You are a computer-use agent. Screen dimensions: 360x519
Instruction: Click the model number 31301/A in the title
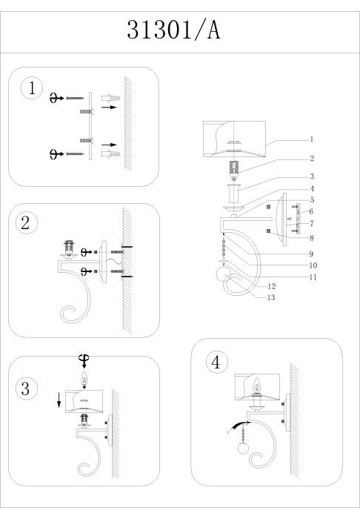173,30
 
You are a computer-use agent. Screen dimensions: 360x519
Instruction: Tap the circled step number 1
32,88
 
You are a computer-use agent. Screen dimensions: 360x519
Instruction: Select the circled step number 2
27,222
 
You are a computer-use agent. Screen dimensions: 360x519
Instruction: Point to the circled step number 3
27,389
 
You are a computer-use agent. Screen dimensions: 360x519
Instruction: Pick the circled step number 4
217,362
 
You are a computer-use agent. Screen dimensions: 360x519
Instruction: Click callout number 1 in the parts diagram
311,139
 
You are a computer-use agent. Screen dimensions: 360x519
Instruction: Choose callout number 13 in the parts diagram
271,297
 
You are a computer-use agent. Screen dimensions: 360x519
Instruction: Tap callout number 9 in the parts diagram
311,254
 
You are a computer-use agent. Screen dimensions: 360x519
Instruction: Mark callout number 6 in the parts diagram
311,211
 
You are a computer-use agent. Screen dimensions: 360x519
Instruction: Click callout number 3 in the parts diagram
312,176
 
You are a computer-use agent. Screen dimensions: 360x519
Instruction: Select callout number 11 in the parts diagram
313,277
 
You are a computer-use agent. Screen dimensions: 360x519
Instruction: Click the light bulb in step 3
84,379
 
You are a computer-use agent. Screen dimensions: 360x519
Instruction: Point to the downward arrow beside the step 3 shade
59,400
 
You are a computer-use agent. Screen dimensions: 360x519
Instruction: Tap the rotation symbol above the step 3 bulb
84,360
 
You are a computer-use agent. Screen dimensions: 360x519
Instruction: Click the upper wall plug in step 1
111,98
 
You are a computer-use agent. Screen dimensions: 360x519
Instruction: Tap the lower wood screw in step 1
75,154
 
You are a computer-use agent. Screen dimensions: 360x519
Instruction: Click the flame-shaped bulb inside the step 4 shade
256,386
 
